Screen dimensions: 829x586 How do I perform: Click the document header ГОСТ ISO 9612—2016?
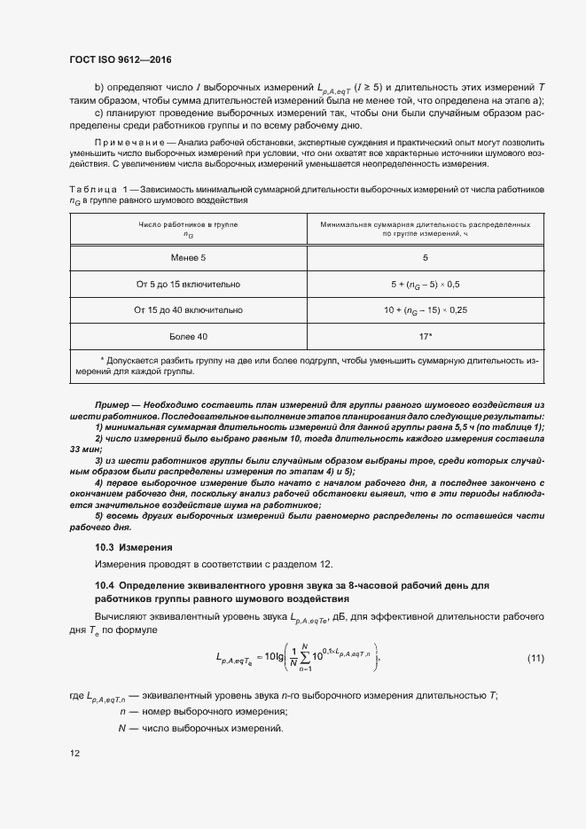tap(120, 60)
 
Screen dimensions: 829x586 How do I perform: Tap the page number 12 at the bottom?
tap(74, 753)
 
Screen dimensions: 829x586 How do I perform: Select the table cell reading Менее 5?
tap(187, 257)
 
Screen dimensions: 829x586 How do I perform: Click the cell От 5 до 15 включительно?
tap(187, 284)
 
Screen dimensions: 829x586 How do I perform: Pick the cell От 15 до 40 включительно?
tap(187, 310)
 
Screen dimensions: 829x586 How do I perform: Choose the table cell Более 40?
tap(187, 337)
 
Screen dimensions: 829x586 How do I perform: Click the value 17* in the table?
tap(425, 337)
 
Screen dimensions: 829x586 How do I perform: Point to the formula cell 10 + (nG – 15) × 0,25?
tap(425, 310)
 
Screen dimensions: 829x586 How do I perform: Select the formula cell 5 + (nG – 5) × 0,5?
tap(425, 284)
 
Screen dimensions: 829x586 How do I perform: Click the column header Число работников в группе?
tap(187, 225)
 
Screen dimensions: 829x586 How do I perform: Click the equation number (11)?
tap(535, 657)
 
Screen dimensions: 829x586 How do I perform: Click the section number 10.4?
tap(105, 585)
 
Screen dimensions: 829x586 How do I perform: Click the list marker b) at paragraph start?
tap(98, 88)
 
